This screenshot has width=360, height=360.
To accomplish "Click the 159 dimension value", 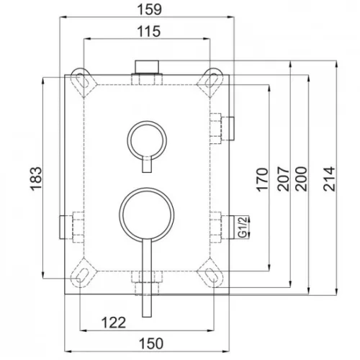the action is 149,9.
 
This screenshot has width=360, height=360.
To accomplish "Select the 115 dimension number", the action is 149,32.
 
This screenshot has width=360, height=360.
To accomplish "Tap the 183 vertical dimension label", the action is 36,179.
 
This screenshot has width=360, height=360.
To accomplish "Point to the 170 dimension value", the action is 262,180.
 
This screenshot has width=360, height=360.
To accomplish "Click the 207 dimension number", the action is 283,179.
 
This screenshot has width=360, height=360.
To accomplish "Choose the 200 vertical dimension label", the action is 301,179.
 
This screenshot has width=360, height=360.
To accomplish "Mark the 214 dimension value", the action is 329,179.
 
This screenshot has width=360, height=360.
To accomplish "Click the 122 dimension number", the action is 114,323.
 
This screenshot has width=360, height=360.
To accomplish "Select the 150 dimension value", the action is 151,343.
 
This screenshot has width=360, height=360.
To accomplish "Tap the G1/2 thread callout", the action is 243,227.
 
